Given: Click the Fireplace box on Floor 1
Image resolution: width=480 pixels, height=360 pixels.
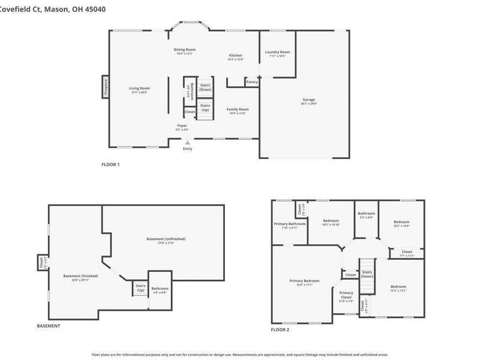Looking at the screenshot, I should pos(105,88).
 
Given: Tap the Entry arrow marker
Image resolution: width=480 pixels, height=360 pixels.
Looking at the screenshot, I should pos(188,143).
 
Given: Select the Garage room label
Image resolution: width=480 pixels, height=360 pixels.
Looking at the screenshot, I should pos(308,101).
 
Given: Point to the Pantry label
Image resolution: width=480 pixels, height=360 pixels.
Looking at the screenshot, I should pos(251,82).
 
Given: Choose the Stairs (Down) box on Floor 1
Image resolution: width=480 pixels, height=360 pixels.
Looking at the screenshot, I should pos(205,88).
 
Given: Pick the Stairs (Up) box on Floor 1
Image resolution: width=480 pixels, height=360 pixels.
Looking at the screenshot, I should pos(205,109).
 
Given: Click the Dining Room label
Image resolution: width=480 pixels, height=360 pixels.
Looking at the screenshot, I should pos(185,51).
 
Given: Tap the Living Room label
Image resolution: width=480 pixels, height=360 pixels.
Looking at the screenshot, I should pos(139,90).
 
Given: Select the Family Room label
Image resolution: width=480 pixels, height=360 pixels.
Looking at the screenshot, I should pos(237,110).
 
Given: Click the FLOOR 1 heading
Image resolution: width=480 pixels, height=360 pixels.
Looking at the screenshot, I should pos(110,164).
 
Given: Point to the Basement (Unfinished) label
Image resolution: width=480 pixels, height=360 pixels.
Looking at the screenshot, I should pos(166,240).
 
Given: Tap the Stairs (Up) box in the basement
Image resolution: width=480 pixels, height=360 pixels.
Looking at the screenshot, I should pos(140,288).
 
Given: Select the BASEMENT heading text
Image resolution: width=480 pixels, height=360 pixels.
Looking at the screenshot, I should pos(49,326).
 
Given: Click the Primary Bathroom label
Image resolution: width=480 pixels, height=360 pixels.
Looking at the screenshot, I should pos(290,225).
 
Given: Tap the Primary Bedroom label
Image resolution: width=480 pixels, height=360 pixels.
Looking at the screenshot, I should pos(304,282).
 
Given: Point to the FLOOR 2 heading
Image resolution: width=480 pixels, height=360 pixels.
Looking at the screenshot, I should pos(280,330).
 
